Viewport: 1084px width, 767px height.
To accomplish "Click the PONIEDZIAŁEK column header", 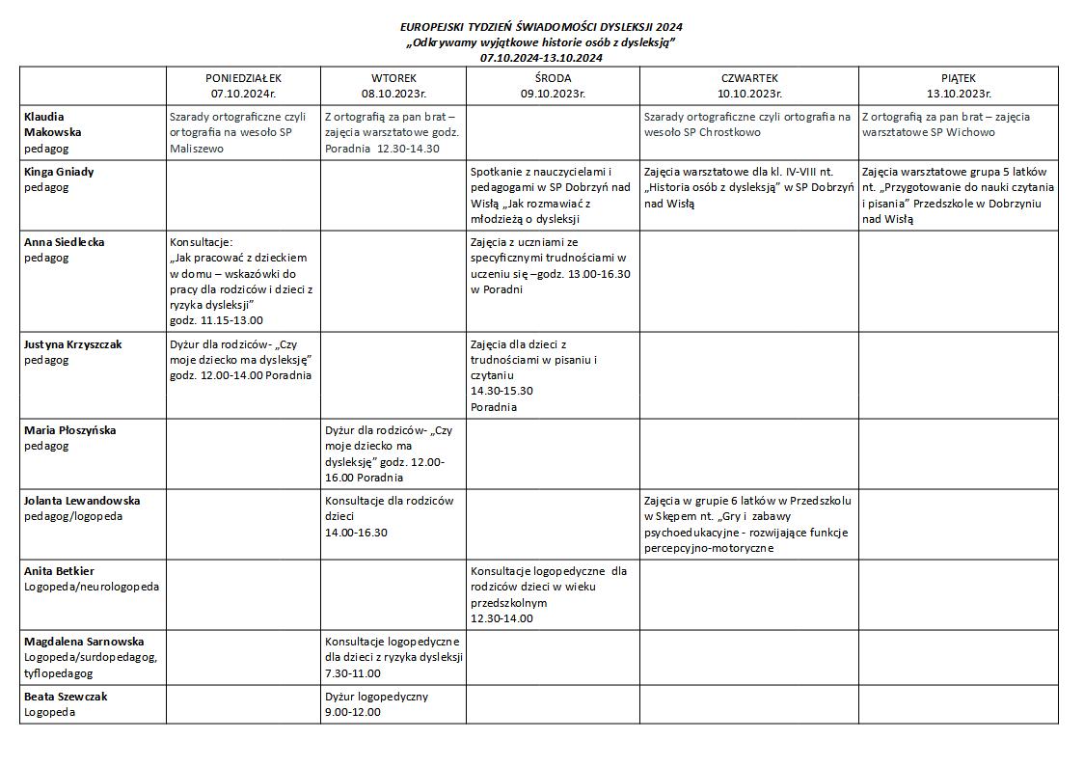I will [243, 78].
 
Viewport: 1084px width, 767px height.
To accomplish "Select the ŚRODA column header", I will [553, 78].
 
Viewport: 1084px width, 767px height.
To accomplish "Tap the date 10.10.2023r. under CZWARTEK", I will [748, 94].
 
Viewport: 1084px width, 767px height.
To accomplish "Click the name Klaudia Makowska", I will [53, 124].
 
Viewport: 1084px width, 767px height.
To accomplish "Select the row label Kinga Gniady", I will [59, 172].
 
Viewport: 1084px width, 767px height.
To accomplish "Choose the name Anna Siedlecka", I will [63, 242].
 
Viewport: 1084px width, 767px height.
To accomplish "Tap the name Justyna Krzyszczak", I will [73, 344].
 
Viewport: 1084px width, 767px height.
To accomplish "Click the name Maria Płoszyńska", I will [69, 430].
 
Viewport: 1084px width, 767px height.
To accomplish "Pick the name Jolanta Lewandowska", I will [82, 501].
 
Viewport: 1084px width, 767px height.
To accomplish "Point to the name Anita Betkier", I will [59, 571].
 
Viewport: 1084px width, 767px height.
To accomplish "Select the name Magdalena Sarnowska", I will [84, 642].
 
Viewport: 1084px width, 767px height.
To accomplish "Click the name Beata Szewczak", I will [66, 697].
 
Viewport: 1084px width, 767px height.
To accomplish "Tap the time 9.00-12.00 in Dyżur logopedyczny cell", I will [353, 712].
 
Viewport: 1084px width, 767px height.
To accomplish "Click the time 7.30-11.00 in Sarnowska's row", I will [353, 673].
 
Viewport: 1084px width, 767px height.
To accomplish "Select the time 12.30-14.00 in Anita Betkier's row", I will [501, 618].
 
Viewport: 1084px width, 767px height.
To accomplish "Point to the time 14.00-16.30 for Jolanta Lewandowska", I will [356, 533].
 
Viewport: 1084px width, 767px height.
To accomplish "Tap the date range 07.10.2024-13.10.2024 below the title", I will [541, 58].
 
